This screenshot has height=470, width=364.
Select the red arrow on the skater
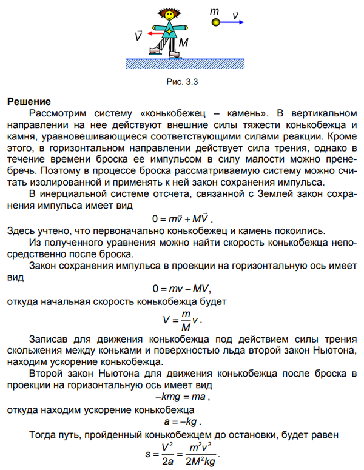click(x=157, y=33)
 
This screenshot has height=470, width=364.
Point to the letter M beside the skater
click(x=184, y=43)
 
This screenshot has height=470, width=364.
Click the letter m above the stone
click(x=214, y=11)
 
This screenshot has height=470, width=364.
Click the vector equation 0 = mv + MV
click(x=183, y=218)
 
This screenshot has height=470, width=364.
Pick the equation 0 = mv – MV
click(x=183, y=288)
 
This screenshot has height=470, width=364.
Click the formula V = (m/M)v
click(x=183, y=319)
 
